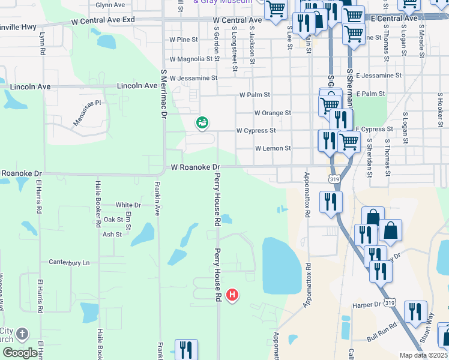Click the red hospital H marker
click(x=232, y=295)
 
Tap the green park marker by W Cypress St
click(x=202, y=123)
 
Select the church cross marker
click(x=22, y=334)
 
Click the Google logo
click(x=19, y=353)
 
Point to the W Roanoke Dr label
click(x=196, y=167)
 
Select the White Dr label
click(x=128, y=205)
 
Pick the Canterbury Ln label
click(x=69, y=263)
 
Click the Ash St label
click(x=112, y=234)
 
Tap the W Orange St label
click(x=273, y=113)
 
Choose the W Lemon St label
click(x=273, y=148)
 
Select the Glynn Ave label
click(x=110, y=5)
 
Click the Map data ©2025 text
click(x=423, y=355)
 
